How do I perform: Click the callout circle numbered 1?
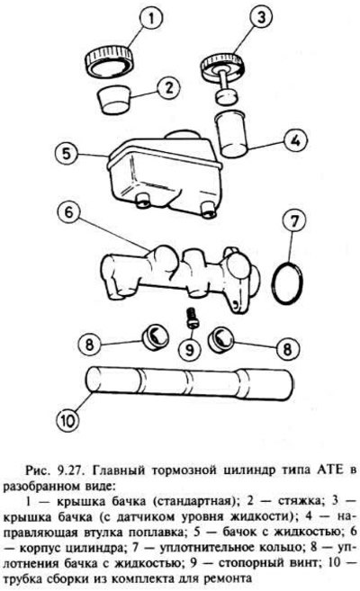151,19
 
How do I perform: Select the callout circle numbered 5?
67,154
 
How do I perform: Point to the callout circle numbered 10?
67,420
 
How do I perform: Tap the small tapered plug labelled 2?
112,99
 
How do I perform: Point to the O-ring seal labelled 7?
287,282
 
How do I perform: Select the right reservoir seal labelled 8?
221,337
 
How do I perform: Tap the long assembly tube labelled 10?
189,382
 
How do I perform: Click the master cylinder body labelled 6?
179,277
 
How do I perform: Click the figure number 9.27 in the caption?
71,470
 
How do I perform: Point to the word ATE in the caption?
328,470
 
